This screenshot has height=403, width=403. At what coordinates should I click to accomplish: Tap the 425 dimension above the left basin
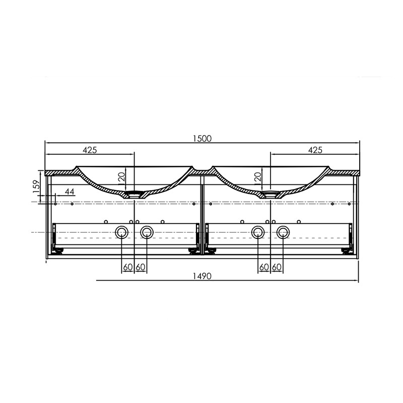tap(90, 150)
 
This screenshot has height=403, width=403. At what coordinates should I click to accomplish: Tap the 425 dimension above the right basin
tap(315, 150)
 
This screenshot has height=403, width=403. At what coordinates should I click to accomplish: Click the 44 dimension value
tap(70, 192)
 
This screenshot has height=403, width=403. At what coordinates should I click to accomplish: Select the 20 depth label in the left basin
tap(121, 176)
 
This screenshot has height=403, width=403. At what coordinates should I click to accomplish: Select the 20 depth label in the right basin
tap(257, 176)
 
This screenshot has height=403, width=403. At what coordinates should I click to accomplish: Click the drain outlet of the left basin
tap(134, 193)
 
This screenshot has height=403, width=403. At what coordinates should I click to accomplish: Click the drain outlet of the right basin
tap(271, 193)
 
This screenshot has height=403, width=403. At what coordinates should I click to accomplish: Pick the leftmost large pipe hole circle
tap(121, 232)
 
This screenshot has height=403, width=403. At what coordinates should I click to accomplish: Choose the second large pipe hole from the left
tap(147, 232)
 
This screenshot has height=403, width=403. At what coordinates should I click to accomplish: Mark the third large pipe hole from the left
tap(258, 232)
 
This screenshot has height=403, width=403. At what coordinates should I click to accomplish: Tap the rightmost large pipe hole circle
tap(283, 232)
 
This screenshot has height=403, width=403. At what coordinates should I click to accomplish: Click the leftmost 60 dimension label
tap(127, 266)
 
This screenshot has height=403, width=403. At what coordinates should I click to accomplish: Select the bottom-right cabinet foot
tap(346, 251)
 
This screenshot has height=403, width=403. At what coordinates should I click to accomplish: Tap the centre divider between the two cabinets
tap(201, 217)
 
